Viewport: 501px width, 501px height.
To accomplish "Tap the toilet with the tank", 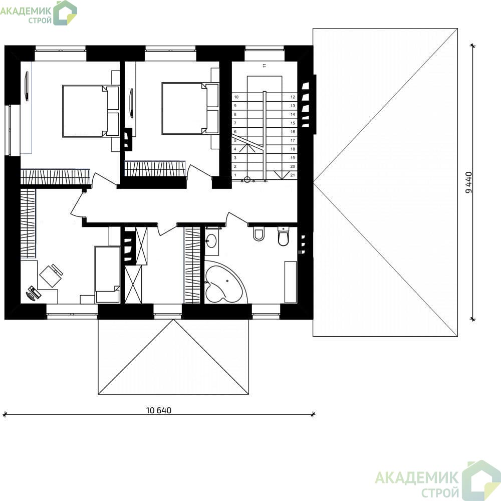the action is (x=283, y=236).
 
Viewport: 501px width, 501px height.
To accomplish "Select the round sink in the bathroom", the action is (x=211, y=240).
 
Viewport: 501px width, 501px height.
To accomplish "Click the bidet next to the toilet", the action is (x=259, y=234).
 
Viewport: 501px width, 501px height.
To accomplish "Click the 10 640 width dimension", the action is (x=159, y=410).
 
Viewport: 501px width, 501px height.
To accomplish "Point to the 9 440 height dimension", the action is (x=469, y=182).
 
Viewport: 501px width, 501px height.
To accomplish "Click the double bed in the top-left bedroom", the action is (x=91, y=111).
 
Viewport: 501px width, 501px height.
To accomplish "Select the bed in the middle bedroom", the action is (x=190, y=108).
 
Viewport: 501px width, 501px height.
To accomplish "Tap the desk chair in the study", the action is (x=51, y=276).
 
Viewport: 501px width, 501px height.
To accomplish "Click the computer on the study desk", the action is (x=34, y=293).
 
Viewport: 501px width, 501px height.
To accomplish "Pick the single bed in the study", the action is (x=107, y=275).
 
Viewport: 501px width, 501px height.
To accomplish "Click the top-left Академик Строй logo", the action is (x=39, y=13).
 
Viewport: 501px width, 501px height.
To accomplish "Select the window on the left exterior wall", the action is (x=9, y=130).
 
